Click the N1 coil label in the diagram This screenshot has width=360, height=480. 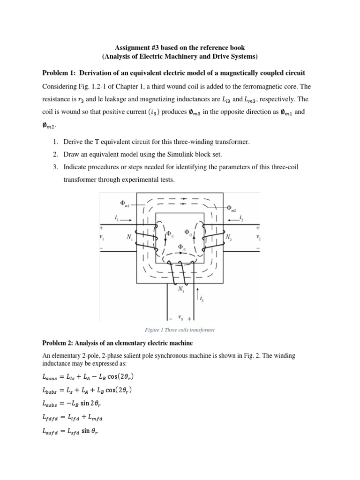129,238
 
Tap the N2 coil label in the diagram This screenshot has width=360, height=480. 228,238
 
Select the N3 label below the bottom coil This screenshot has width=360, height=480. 181,289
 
